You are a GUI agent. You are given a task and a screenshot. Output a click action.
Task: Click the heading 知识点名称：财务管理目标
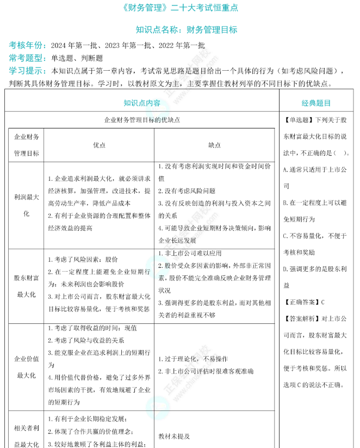[186, 30]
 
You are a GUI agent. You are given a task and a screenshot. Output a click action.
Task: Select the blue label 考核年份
[27, 46]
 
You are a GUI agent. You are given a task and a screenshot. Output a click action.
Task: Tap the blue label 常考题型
[27, 58]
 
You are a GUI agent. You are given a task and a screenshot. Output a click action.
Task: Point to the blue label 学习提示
[27, 71]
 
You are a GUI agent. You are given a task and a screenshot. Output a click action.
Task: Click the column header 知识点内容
[142, 103]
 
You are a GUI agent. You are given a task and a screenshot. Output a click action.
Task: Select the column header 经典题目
[316, 103]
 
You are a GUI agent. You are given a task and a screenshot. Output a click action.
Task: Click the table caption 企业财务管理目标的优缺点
[142, 119]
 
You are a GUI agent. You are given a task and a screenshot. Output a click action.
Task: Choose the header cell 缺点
[214, 145]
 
